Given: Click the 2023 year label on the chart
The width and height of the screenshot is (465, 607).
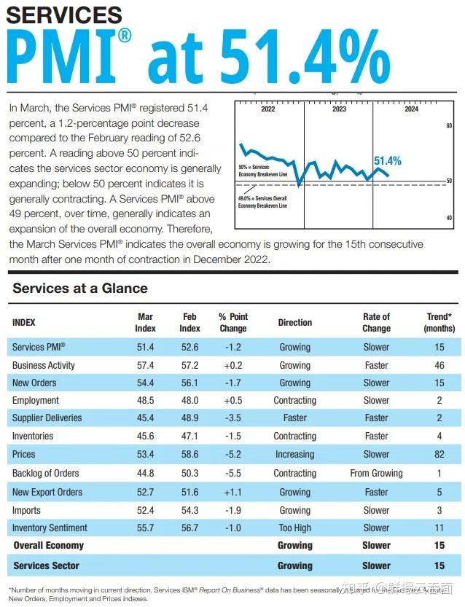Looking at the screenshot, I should (339, 109).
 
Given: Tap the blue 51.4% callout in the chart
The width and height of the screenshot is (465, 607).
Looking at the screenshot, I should (387, 160).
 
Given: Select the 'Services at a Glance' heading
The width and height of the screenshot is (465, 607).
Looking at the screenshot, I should (80, 288).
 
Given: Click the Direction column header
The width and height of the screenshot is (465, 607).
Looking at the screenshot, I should (294, 322).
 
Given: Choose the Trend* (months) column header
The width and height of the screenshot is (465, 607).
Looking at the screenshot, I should (439, 322).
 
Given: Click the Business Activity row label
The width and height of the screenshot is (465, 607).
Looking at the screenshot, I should (44, 365).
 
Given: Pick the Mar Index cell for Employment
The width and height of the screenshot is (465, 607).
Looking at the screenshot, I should (145, 400).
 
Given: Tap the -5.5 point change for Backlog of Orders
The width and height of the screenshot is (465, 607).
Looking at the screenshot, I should (233, 474).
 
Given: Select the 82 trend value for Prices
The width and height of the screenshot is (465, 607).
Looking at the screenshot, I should (439, 454).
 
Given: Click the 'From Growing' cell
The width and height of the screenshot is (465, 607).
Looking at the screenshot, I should (376, 474).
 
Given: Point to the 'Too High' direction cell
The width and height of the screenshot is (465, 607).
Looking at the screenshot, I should (294, 528).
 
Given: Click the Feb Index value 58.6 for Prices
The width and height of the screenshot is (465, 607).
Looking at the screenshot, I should (189, 454).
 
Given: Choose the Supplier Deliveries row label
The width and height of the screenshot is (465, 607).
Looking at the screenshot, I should (47, 418).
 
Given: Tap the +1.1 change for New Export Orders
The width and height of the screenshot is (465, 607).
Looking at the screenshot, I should (233, 492).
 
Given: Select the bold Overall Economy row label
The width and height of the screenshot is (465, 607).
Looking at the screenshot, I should (49, 545).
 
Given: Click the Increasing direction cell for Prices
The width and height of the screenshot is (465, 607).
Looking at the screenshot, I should (294, 454).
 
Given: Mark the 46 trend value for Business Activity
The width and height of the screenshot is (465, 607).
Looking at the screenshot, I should (439, 365).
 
